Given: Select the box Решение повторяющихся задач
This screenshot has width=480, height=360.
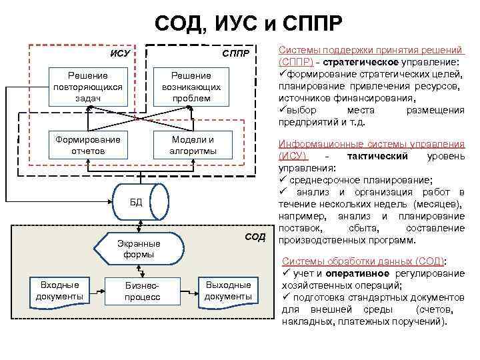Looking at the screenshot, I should (87, 87).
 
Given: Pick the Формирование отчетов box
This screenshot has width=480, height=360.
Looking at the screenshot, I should (87, 145).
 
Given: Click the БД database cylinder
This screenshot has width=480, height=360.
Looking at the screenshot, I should (135, 202).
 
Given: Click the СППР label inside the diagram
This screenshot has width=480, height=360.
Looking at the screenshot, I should (235, 53).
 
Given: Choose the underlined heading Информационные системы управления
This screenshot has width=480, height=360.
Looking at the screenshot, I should (371, 143).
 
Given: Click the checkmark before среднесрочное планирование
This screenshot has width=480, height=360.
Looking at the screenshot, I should (283, 180).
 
